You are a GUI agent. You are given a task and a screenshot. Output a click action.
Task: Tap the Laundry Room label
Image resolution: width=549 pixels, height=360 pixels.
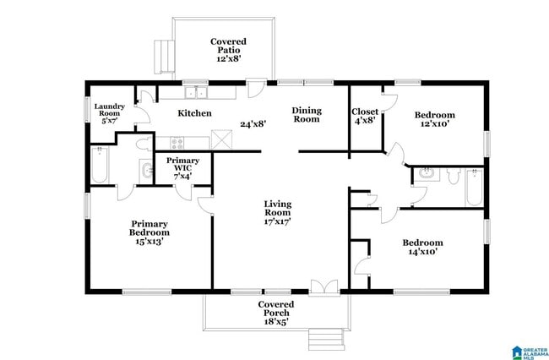pos(109,113)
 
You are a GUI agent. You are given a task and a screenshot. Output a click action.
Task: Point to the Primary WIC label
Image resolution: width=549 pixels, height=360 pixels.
pos(183,165)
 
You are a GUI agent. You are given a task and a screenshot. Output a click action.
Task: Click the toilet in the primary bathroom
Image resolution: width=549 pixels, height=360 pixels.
pos(143,144)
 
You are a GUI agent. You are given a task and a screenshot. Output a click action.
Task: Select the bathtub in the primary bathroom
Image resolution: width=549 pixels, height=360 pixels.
pos(98,165)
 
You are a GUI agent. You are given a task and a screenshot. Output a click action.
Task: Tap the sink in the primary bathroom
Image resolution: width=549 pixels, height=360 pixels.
pos(147,172)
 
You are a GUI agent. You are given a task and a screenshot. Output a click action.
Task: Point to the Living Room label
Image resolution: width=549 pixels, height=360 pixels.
pos(277,212)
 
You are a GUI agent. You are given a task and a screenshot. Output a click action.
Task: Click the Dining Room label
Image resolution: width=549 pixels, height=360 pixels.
pos(306,115)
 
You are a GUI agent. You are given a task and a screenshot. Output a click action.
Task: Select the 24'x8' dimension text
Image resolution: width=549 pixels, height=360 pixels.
pos(253,123)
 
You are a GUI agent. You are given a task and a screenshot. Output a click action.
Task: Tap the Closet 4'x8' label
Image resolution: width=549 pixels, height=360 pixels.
pos(365,115)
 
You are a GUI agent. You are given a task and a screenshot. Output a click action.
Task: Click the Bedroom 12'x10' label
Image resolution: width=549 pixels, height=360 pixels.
pos(434,119)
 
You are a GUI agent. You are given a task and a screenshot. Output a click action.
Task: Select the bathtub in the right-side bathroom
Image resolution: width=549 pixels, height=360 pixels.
pos(475,188)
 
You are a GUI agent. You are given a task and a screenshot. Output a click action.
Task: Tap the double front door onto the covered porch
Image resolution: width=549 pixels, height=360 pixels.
pos(323,287)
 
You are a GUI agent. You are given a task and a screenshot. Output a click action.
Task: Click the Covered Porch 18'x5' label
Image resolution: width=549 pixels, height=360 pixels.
pos(275,313)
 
